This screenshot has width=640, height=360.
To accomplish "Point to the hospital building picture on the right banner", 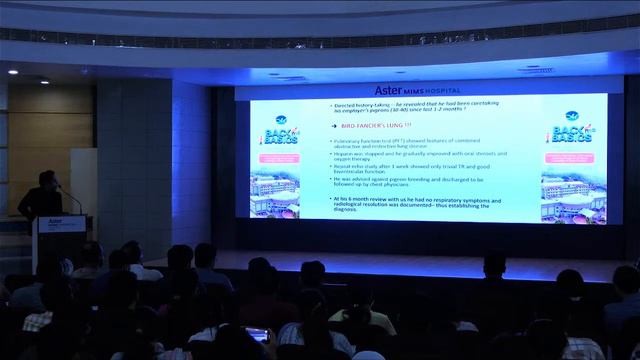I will click(x=574, y=198).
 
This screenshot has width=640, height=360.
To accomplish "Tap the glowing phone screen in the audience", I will click(x=257, y=335).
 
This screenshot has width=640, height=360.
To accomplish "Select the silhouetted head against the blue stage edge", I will click(x=494, y=264).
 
